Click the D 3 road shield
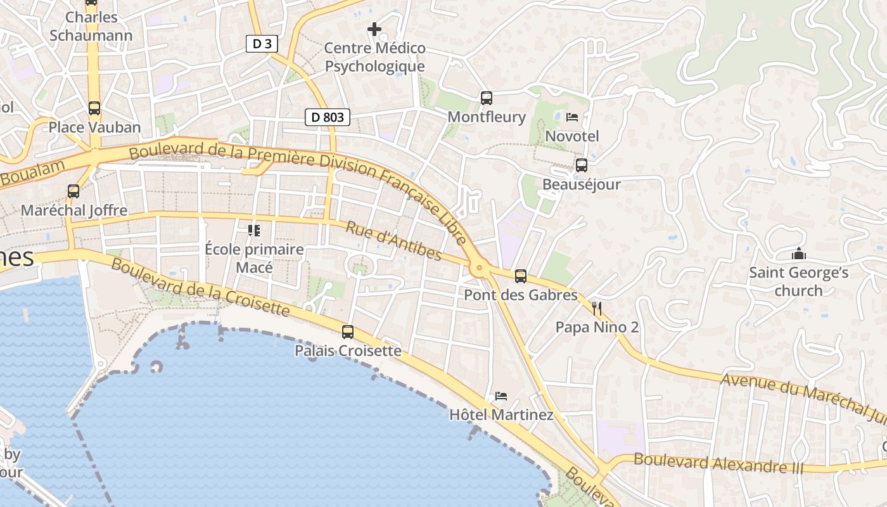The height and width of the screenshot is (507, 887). pyautogui.click(x=262, y=44)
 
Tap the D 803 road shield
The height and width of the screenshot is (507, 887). pyautogui.click(x=328, y=117)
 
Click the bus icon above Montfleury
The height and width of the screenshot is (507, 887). pyautogui.click(x=487, y=98)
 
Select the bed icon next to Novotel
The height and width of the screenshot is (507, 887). pyautogui.click(x=572, y=117)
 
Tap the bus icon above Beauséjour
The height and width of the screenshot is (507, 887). pyautogui.click(x=581, y=165)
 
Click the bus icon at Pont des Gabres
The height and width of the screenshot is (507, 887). pyautogui.click(x=521, y=276)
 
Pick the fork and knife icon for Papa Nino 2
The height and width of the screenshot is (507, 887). pyautogui.click(x=596, y=309)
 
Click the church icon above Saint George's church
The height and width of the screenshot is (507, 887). pyautogui.click(x=799, y=254)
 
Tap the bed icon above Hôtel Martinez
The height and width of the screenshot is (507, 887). pyautogui.click(x=501, y=396)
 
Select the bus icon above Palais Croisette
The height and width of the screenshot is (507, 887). pyautogui.click(x=348, y=331)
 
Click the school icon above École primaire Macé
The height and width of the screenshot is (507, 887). pyautogui.click(x=254, y=231)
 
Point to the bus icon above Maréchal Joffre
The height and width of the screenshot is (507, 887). pyautogui.click(x=73, y=191)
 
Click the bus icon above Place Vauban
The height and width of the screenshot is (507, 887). pyautogui.click(x=94, y=108)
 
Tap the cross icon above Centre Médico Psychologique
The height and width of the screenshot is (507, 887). pyautogui.click(x=374, y=29)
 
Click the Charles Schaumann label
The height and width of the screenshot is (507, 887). pyautogui.click(x=91, y=26)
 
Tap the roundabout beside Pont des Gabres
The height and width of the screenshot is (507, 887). pyautogui.click(x=480, y=268)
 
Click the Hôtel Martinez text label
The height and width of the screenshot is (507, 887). pyautogui.click(x=501, y=415)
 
